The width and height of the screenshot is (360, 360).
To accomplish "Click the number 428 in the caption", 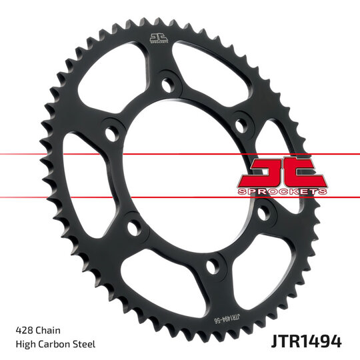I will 24,330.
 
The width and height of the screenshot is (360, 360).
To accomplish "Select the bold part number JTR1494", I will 306,342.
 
